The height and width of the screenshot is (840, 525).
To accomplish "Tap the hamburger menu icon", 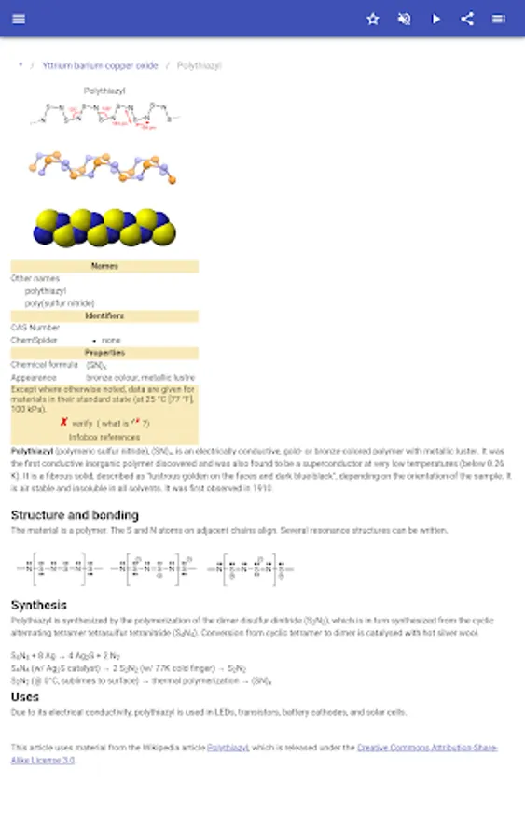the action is pos(20,19).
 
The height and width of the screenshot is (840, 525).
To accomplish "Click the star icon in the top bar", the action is pos(373,19).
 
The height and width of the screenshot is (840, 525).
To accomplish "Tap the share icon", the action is pos(467,19).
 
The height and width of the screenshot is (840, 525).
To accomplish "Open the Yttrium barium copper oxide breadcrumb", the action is pos(100,66).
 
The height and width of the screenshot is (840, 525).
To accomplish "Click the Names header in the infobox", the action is pos(104,266).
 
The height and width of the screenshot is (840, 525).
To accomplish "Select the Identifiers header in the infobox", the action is pos(104,315).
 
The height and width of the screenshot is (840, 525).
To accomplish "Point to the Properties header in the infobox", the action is pos(104,353).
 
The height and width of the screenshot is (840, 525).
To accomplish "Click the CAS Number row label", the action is pos(35,328).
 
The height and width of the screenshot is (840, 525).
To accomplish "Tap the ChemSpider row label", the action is pos(35,341).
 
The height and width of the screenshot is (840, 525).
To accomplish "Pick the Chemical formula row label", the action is pos(45,365).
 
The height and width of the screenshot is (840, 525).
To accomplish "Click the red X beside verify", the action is pos(63,422).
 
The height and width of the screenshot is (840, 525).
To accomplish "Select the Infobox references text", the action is pos(104,437).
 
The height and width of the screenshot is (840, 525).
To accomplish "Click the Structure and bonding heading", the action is pos(75,514).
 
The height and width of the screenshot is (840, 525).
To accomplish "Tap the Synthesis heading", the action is pos(39,605).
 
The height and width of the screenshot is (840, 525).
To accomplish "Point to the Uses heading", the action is pos(25,696).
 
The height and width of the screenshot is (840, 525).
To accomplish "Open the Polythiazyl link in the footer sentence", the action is pos(228,748).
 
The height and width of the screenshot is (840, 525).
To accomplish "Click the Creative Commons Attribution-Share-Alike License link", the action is pos(427,748).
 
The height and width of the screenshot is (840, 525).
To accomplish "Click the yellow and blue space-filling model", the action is pos(104,227).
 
